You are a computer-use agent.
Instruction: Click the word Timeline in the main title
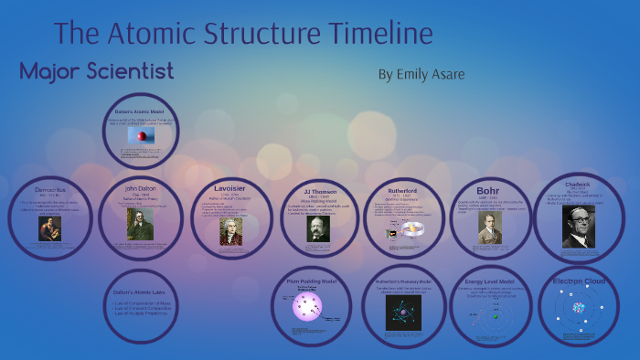374,34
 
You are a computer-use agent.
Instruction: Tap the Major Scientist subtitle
96,70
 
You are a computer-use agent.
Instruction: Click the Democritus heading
51,191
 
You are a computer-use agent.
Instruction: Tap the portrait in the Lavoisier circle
231,230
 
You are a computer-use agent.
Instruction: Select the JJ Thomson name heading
318,192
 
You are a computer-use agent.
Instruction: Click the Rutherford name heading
402,191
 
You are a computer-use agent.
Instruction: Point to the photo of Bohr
490,228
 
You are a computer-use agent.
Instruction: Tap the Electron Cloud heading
580,281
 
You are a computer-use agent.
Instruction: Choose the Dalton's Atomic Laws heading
141,291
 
